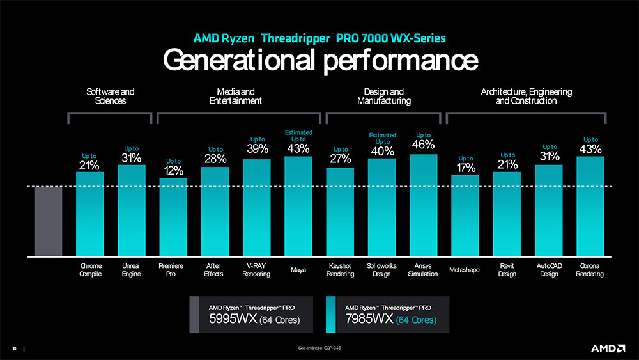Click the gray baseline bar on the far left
(48, 221)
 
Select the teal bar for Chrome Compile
(89, 214)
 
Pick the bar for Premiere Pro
(173, 217)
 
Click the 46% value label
(423, 145)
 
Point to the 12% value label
(174, 171)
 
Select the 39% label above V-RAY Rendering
(257, 149)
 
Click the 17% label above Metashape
(466, 168)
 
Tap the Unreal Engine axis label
(131, 270)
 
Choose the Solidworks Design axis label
(381, 270)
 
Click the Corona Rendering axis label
(590, 270)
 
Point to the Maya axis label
(298, 270)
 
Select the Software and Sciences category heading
(110, 97)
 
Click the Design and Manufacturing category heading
(383, 97)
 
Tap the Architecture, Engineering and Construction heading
(526, 97)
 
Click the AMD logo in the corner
(607, 348)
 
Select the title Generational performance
(319, 60)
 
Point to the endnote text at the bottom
(319, 348)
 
